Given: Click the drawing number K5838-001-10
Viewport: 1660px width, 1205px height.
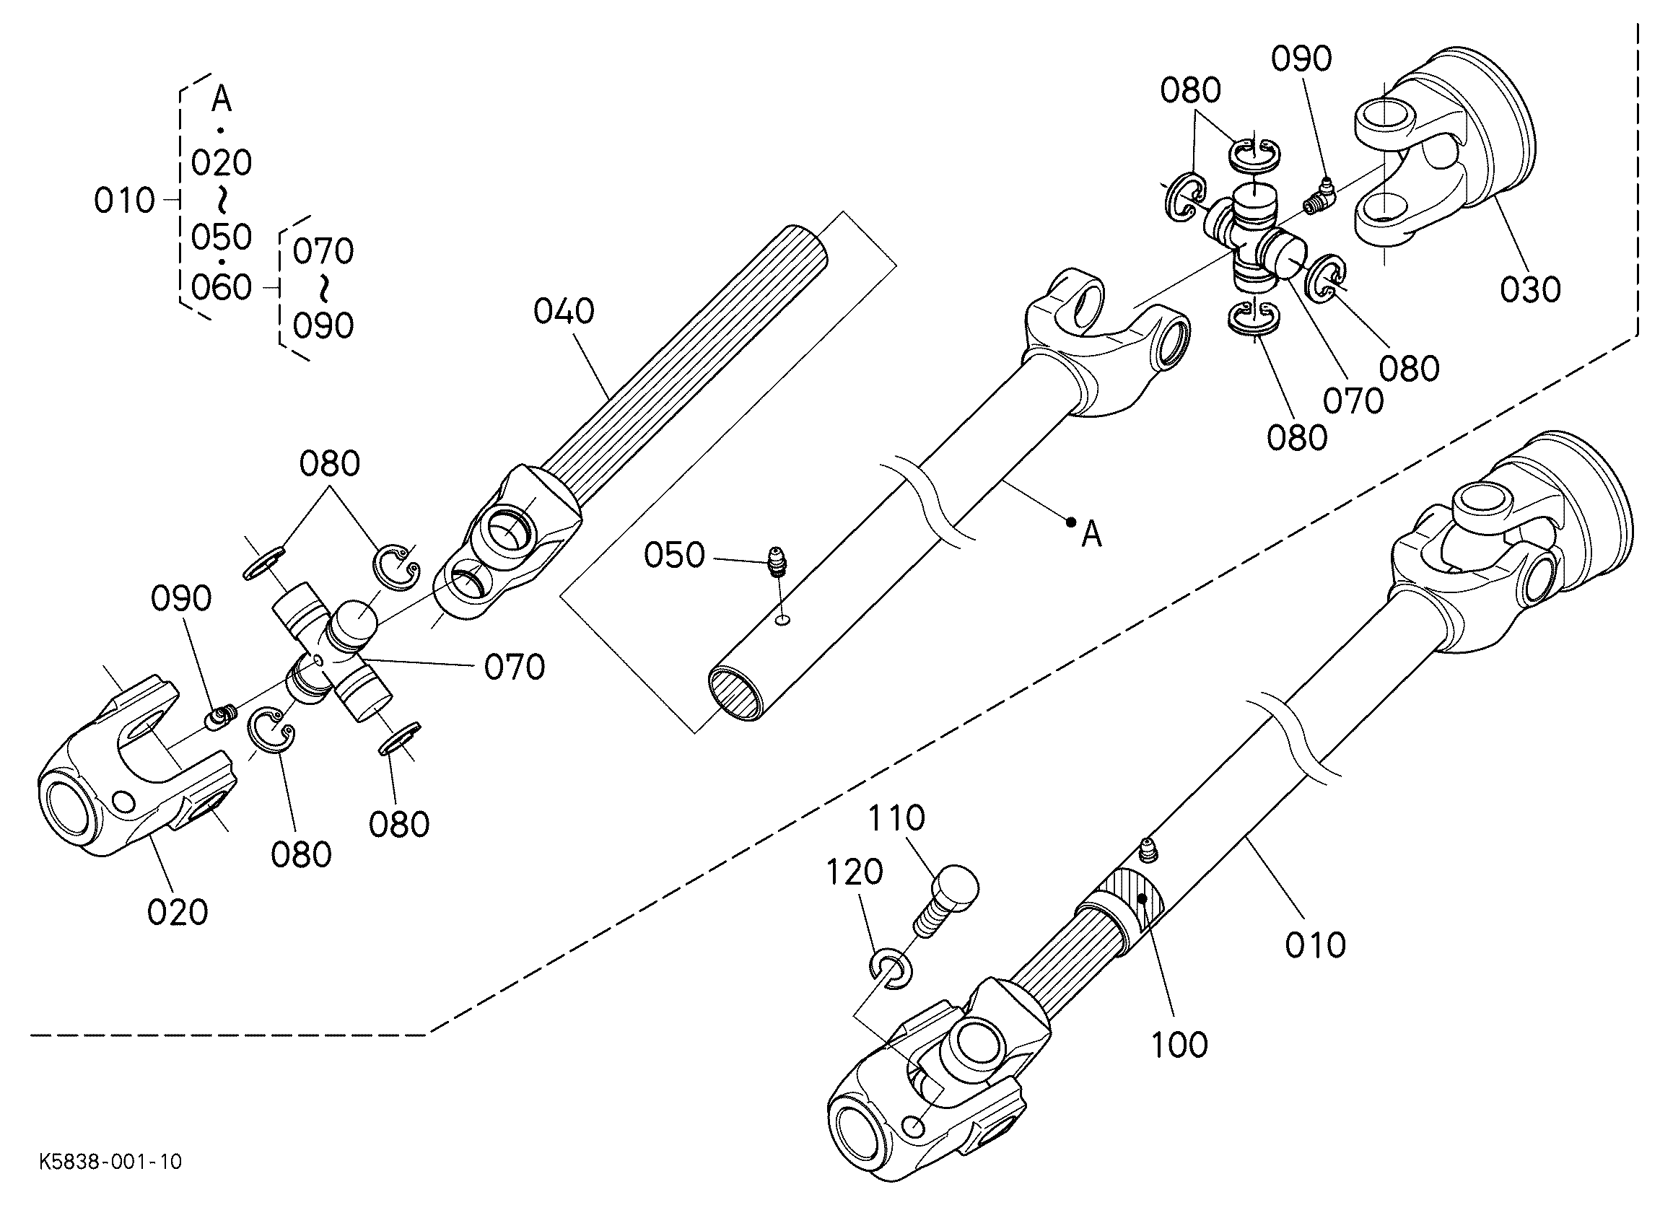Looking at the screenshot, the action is (x=110, y=1162).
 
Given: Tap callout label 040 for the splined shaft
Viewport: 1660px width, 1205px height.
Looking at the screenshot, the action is (x=564, y=312).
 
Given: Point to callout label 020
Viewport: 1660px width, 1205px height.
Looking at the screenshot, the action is (x=178, y=912).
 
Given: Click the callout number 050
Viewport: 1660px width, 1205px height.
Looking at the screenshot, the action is (x=674, y=556).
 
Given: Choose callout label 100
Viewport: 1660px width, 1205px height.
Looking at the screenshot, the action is (x=1180, y=1046).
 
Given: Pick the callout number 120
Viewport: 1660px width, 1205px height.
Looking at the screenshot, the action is (x=855, y=872).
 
